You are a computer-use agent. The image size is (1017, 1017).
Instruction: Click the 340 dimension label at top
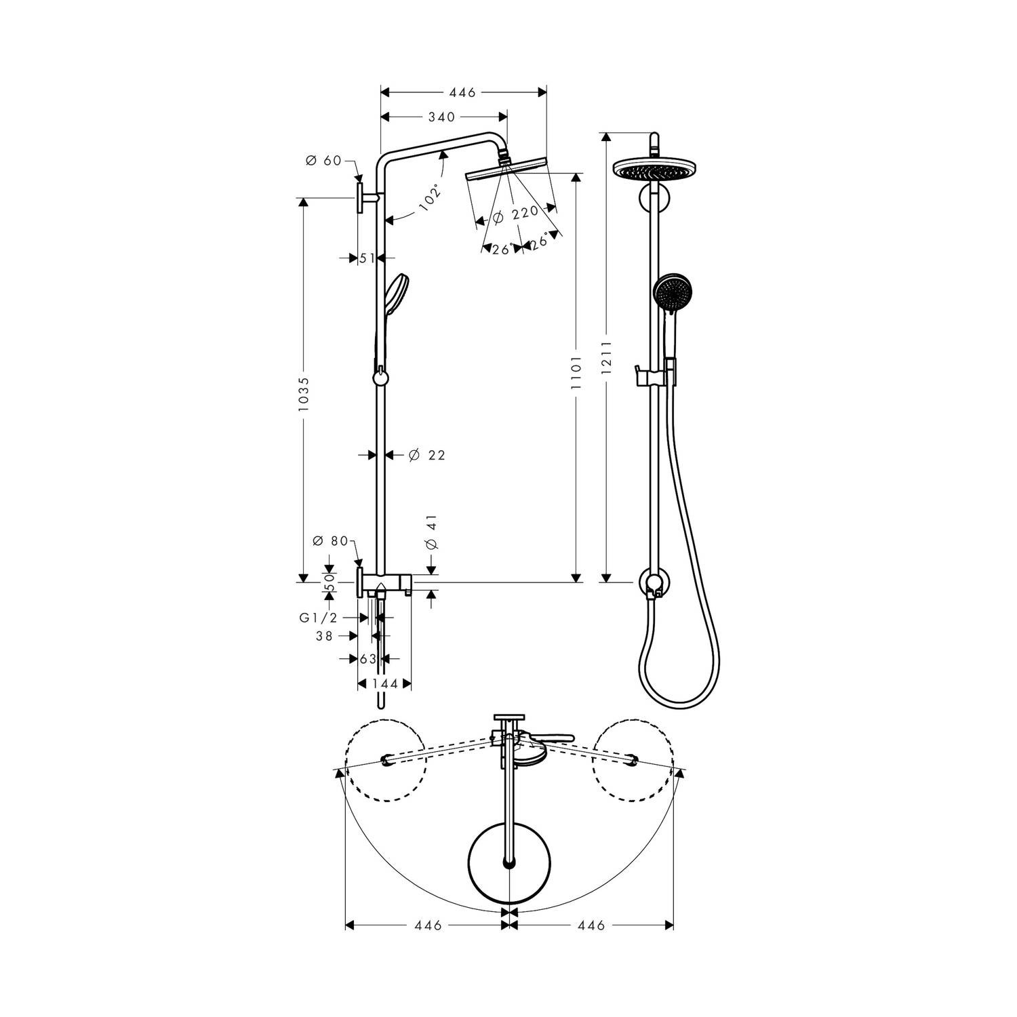(441, 117)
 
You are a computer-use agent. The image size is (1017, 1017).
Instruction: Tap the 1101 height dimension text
(576, 372)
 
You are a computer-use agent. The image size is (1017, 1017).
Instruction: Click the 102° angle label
(429, 198)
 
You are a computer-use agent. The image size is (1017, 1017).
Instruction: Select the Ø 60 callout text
(323, 161)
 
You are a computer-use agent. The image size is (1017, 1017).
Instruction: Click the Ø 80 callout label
(330, 541)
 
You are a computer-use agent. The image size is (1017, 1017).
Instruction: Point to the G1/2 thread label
(319, 618)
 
